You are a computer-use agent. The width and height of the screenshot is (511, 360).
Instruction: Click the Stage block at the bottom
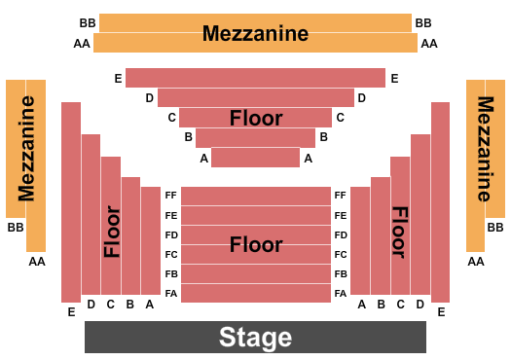[255, 337]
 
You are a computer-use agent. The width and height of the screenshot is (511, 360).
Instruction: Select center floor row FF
[256, 196]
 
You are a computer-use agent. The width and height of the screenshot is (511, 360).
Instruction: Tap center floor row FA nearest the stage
[256, 293]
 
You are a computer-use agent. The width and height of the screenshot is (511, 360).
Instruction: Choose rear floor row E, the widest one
[255, 78]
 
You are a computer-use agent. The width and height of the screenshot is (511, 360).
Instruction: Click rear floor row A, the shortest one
[255, 158]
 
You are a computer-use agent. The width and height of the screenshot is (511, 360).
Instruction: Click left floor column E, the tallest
[70, 201]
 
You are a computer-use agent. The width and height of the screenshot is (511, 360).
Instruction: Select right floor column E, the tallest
[440, 201]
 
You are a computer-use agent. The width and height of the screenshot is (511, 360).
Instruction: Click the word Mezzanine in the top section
[255, 33]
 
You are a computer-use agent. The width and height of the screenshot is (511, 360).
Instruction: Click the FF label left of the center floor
[171, 196]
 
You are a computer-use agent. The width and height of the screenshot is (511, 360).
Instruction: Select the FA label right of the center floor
[341, 293]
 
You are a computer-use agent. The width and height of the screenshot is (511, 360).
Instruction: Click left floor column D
[91, 214]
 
